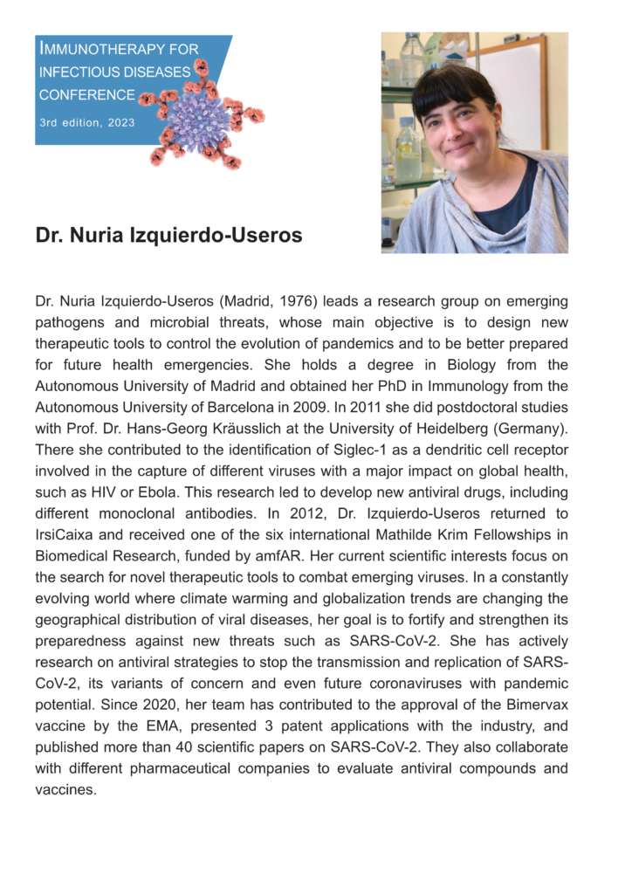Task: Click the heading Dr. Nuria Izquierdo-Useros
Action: (x=168, y=237)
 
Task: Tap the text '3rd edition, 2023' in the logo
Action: (x=86, y=123)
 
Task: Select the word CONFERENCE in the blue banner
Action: (x=86, y=95)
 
